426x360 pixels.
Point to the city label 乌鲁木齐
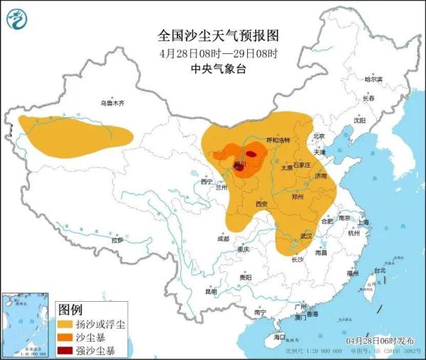[111, 104]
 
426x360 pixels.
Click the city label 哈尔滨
[373, 79]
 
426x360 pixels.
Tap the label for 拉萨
[117, 241]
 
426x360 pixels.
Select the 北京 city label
[317, 136]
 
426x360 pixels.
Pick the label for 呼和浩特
[278, 140]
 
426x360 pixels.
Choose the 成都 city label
[224, 239]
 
